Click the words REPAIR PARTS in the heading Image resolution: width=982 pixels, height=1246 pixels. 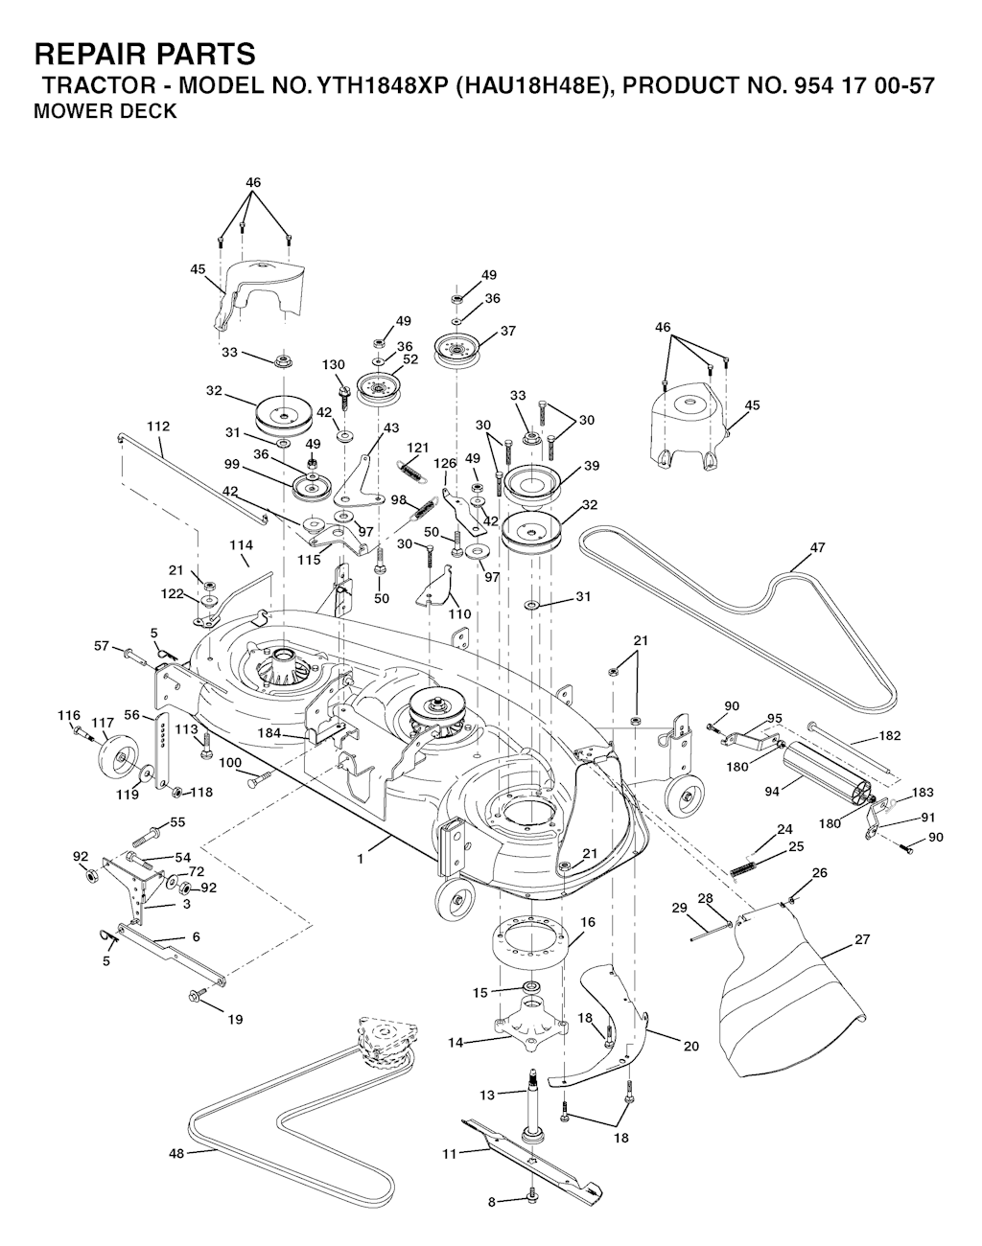(x=145, y=55)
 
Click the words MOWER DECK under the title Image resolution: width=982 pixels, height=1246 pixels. (x=105, y=111)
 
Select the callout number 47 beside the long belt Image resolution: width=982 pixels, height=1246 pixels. (x=817, y=547)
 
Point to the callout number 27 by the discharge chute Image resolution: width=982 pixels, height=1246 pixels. (x=863, y=939)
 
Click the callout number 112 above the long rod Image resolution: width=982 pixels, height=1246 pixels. (x=158, y=427)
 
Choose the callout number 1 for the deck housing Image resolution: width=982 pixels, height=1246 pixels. (x=361, y=860)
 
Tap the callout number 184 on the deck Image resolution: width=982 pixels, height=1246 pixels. (x=269, y=733)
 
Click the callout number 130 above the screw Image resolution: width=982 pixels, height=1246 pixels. (x=333, y=365)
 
